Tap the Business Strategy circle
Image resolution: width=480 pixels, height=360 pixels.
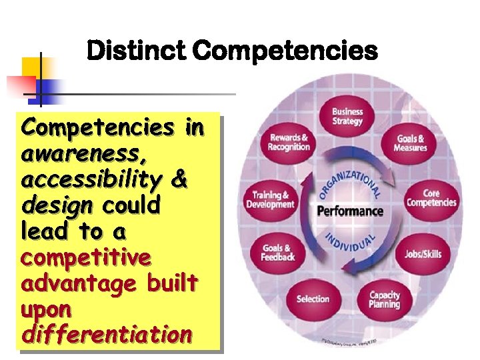click(x=347, y=117)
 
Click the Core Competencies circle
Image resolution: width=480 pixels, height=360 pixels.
click(x=431, y=199)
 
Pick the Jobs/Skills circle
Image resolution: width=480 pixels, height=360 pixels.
click(x=423, y=253)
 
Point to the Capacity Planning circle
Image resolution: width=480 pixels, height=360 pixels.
click(x=385, y=299)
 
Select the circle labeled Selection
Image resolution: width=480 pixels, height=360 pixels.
click(x=313, y=299)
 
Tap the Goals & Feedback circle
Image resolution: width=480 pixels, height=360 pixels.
click(x=275, y=252)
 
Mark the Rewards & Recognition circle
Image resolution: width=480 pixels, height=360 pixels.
click(x=289, y=143)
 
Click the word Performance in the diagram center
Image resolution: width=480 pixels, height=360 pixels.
click(x=350, y=212)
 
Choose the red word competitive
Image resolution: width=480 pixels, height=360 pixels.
click(x=86, y=257)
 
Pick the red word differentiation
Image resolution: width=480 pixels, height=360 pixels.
click(x=107, y=334)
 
